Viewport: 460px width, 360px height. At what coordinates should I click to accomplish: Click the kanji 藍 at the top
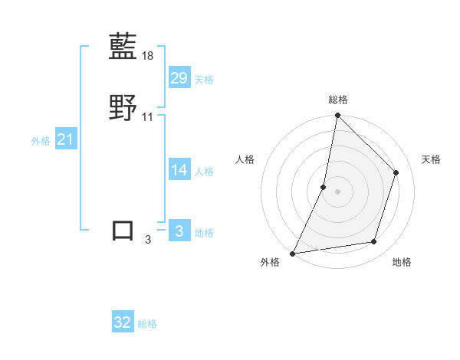(123, 47)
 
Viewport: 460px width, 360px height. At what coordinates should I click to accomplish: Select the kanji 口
(123, 231)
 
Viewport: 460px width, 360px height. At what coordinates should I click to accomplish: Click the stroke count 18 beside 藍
(149, 56)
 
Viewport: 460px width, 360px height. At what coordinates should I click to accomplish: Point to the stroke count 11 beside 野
(148, 117)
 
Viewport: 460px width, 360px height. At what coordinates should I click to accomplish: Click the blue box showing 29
(179, 78)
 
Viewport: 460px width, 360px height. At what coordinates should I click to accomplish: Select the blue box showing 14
(179, 170)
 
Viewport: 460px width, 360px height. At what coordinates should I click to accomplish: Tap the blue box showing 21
(66, 139)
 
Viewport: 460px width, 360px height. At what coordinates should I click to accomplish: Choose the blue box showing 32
(123, 322)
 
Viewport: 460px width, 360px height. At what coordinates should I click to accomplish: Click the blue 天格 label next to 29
(204, 80)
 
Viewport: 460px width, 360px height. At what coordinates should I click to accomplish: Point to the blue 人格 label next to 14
(204, 172)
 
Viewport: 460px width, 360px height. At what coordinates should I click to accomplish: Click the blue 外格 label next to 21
(41, 141)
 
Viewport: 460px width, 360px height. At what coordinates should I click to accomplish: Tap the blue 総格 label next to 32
(147, 324)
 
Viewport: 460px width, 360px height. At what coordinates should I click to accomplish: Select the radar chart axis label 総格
(338, 100)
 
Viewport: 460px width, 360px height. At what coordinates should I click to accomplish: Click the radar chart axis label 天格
(431, 159)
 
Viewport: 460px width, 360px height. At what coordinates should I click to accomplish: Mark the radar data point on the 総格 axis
(337, 116)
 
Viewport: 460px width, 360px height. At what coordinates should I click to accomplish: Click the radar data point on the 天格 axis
(396, 172)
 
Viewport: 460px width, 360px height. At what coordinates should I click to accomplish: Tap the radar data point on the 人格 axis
(324, 187)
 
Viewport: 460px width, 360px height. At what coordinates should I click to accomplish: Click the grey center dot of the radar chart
(337, 191)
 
